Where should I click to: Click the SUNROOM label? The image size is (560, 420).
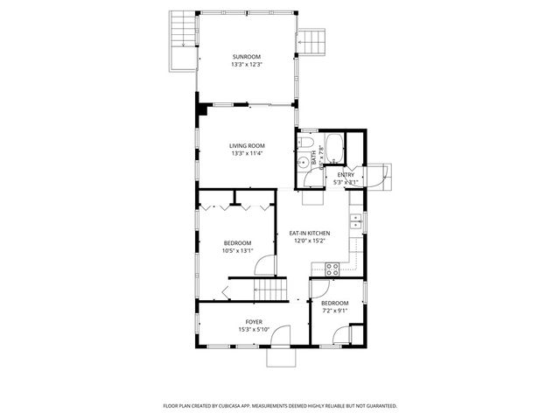click(247, 57)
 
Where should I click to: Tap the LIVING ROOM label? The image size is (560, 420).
click(247, 145)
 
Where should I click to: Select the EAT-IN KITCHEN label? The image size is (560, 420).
click(310, 233)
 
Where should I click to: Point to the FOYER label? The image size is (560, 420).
click(254, 322)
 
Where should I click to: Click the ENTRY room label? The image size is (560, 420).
click(346, 175)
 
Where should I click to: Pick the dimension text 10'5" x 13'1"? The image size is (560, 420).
click(237, 251)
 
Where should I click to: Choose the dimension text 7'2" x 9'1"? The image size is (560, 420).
click(334, 311)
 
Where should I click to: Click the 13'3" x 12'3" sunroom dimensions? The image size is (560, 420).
click(247, 65)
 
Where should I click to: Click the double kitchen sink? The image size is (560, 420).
click(356, 221)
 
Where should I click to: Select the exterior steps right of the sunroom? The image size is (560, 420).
click(310, 40)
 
